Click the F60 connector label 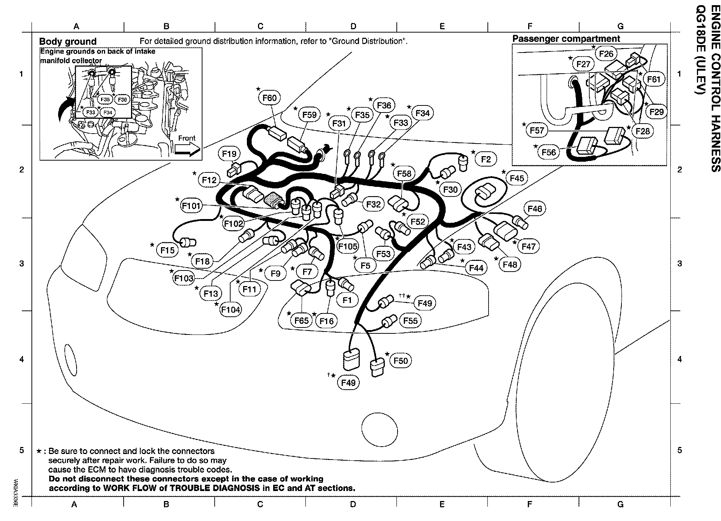point(269,98)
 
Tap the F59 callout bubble point(309,115)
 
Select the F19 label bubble point(229,154)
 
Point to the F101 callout point(191,205)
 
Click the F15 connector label point(167,251)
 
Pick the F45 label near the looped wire point(517,178)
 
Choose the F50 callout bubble point(400,361)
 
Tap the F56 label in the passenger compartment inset point(549,152)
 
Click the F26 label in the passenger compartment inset point(606,54)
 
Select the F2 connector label point(486,159)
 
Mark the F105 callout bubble point(348,246)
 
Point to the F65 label point(301,320)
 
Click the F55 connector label point(410,321)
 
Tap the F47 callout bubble point(528,246)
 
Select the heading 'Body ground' point(68,41)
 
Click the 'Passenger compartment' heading point(566,39)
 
